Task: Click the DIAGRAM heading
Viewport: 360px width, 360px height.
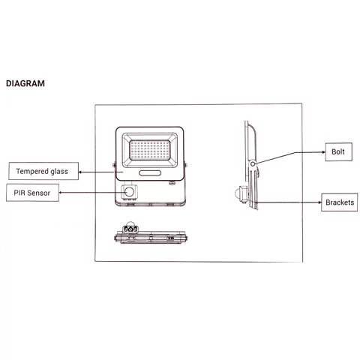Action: click(x=25, y=83)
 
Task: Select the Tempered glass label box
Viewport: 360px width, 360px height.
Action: click(x=43, y=171)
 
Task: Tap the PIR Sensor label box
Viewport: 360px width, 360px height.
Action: click(x=32, y=193)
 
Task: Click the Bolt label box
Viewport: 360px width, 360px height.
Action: click(x=339, y=151)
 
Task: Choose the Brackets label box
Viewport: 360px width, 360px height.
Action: click(x=340, y=202)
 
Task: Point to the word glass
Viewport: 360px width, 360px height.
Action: click(x=59, y=172)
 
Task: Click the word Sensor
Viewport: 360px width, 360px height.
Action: click(x=39, y=193)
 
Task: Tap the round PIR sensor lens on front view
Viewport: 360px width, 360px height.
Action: click(x=129, y=192)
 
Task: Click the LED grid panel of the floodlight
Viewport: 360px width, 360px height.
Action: click(x=149, y=150)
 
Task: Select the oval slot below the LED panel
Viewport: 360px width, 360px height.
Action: click(x=150, y=173)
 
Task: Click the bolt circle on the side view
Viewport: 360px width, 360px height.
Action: click(x=253, y=164)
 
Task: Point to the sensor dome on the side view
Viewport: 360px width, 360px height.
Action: click(x=237, y=193)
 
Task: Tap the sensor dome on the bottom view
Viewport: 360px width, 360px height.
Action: click(x=130, y=223)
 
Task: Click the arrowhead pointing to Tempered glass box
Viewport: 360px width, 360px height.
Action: click(x=80, y=172)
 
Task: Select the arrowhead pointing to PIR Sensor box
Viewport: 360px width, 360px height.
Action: click(x=61, y=193)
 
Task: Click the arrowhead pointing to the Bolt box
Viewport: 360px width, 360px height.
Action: click(x=324, y=152)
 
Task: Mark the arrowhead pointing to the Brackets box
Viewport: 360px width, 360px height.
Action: click(x=319, y=202)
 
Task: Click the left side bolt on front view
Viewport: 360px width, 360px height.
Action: click(x=114, y=165)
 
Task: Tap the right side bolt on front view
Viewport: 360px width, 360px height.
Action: click(x=186, y=165)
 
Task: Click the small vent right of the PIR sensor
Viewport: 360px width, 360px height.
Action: click(x=172, y=183)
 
